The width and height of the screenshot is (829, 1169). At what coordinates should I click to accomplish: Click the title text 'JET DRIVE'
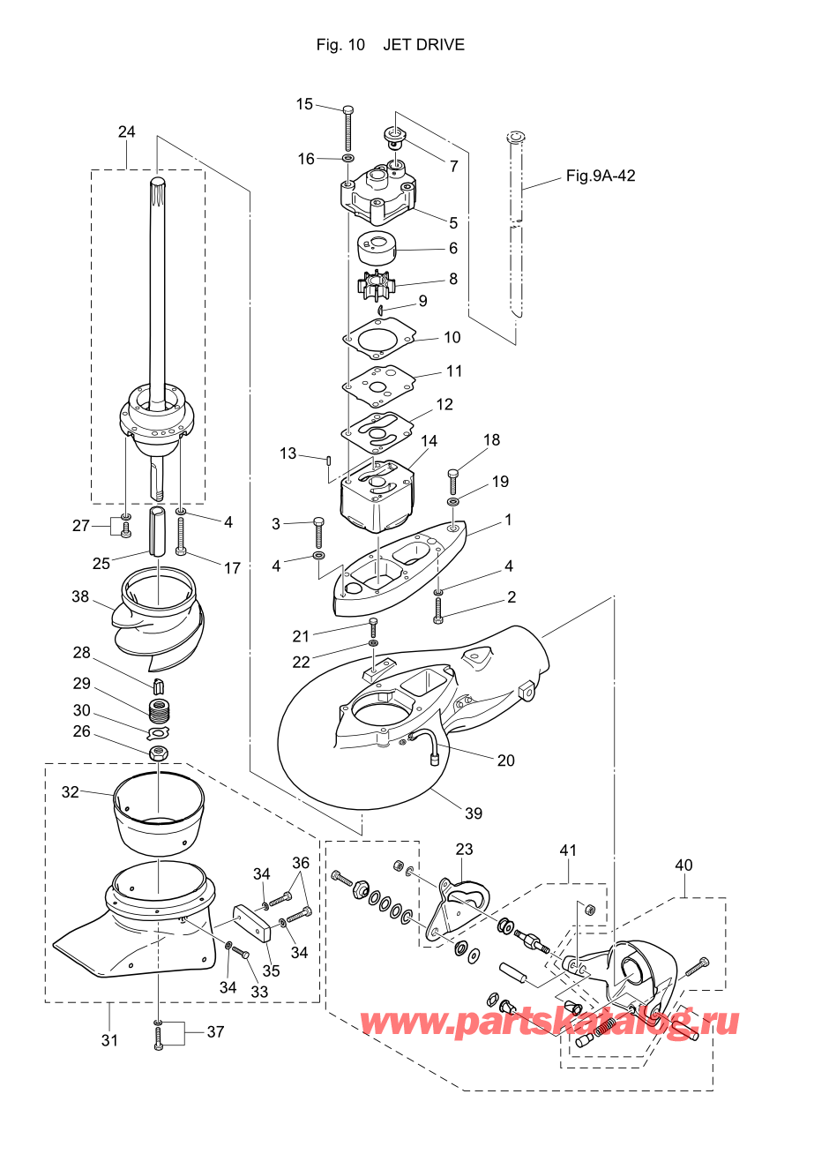(423, 45)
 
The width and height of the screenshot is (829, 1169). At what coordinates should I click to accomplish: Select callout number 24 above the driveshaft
(126, 131)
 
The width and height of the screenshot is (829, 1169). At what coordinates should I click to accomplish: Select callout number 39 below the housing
(474, 813)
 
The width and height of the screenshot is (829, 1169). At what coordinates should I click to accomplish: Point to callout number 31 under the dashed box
(109, 1040)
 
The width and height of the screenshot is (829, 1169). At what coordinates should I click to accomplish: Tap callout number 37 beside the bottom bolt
(215, 1031)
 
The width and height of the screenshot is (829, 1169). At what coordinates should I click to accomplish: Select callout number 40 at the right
(683, 866)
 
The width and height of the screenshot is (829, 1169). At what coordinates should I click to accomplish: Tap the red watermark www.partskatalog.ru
(549, 1022)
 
